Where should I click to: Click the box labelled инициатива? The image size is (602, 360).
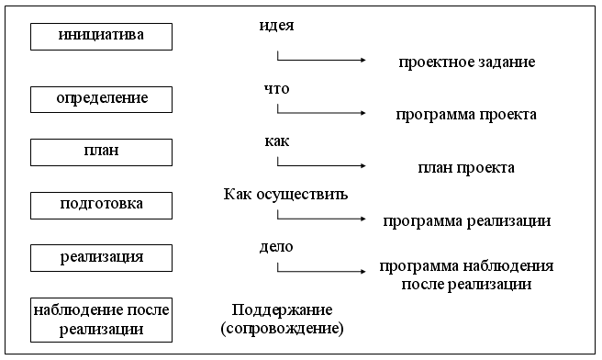pyautogui.click(x=101, y=37)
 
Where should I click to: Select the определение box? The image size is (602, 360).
pyautogui.click(x=101, y=98)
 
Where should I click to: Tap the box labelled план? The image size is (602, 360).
pyautogui.click(x=101, y=151)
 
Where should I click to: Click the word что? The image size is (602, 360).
pyautogui.click(x=276, y=90)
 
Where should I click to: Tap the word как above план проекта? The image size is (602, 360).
pyautogui.click(x=276, y=142)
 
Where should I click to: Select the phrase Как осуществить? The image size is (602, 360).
pyautogui.click(x=285, y=195)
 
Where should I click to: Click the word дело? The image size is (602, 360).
pyautogui.click(x=276, y=247)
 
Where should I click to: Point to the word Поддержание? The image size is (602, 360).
pyautogui.click(x=282, y=309)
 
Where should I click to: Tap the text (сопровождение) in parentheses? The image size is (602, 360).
pyautogui.click(x=282, y=327)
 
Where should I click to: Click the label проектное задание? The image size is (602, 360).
pyautogui.click(x=466, y=62)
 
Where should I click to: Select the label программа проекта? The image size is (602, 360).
pyautogui.click(x=466, y=115)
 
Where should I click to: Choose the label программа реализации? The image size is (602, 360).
pyautogui.click(x=466, y=220)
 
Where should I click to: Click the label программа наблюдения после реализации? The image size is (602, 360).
pyautogui.click(x=466, y=276)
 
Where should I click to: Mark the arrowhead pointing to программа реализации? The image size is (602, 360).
pyautogui.click(x=362, y=219)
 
